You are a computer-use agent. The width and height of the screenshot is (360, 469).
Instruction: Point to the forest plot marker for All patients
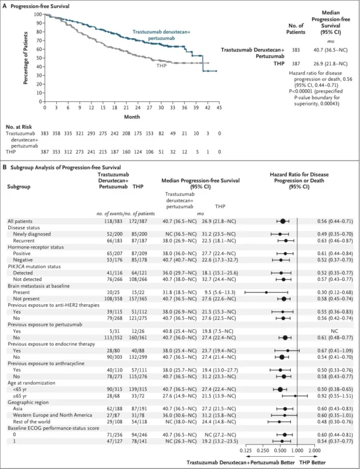point(283,220)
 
